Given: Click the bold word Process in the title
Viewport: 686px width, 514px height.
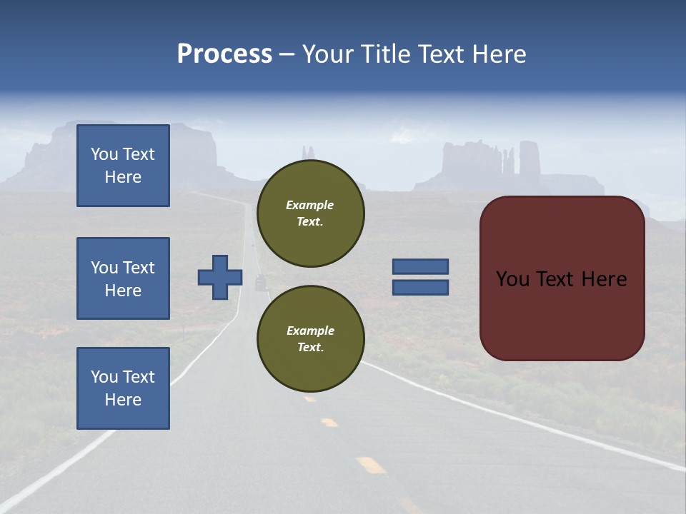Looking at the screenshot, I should point(224,54).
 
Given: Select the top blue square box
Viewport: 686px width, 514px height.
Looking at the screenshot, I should point(123,166).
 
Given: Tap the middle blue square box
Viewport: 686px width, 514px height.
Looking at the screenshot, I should point(123,278).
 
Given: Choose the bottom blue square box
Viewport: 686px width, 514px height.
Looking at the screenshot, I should point(123,388).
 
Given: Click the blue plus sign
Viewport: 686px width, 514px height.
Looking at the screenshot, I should point(220,277).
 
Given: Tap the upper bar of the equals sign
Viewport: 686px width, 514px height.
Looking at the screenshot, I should point(420,266).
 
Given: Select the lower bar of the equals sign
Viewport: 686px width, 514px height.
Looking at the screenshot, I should point(420,288).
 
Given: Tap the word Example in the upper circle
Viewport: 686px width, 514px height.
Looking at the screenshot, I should point(310,205).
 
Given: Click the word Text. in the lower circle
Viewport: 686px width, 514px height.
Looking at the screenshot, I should point(310,348).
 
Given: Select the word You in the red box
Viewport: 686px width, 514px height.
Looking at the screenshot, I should point(513,279).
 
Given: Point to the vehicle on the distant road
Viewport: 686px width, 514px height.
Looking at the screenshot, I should point(260,283).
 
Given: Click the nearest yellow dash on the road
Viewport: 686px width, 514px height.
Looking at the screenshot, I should point(371,465).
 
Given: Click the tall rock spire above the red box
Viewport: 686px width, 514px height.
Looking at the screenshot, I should point(530,158).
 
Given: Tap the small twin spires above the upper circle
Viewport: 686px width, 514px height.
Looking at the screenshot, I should point(308,152).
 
